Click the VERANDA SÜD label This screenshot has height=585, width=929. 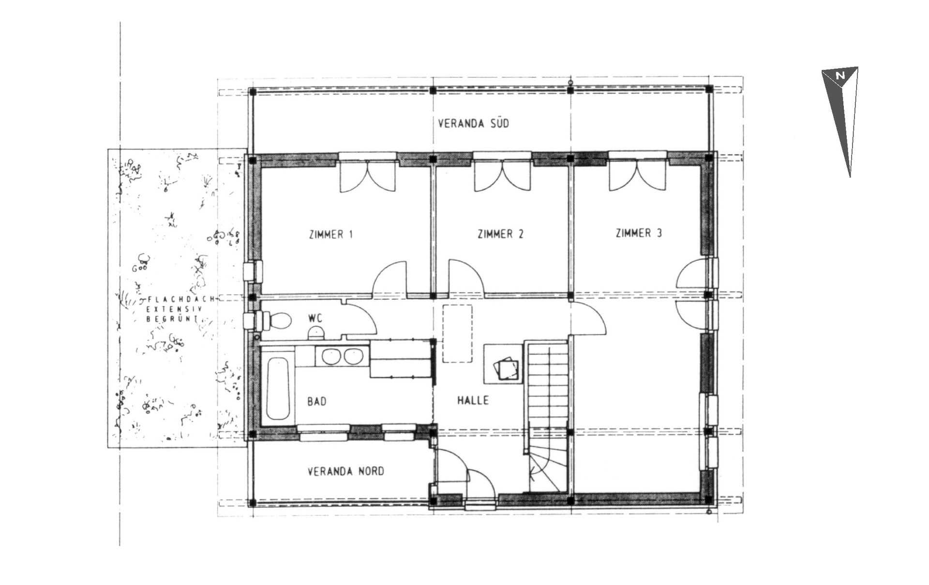(x=473, y=124)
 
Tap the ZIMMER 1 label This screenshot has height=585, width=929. (x=331, y=234)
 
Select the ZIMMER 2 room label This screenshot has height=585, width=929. (x=500, y=234)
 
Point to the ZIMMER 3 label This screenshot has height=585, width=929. (x=639, y=233)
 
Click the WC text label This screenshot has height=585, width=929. (x=315, y=319)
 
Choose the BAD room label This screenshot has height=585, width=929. (x=317, y=401)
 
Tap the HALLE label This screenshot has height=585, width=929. (x=473, y=400)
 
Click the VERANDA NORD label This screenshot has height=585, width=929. (x=346, y=471)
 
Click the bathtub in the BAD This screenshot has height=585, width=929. (x=279, y=389)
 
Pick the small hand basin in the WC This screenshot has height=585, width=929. (x=316, y=332)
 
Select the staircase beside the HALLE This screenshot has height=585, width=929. (x=547, y=416)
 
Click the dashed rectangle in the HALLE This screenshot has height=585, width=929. (x=458, y=333)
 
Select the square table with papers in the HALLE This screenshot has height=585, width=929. (x=503, y=363)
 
